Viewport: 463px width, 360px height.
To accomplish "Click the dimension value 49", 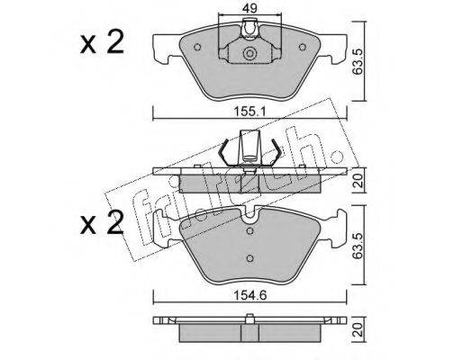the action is pos(250,8).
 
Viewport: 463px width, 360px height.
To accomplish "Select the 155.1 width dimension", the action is pos(250,112).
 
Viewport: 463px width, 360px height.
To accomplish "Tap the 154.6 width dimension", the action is pos(250,295).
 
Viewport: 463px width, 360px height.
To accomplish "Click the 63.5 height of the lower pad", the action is pos(358,244).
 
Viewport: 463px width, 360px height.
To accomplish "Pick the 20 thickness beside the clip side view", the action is pos(359,181).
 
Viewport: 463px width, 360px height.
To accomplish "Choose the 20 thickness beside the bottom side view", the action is pos(359,329).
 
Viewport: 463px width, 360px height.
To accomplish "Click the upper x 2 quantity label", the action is pos(102,42).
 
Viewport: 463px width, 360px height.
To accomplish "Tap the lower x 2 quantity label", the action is pos(102,222).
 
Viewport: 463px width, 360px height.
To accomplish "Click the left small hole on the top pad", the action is pos(197,47).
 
